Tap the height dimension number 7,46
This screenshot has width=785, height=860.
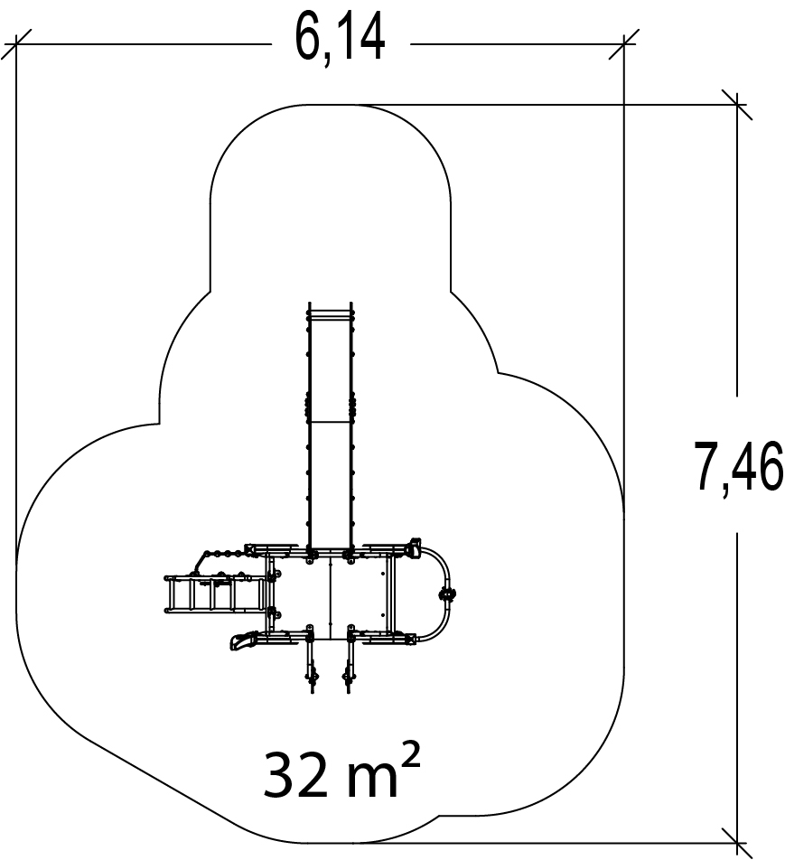739,467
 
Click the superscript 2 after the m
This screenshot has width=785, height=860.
411,755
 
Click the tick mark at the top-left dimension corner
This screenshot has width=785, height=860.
16,44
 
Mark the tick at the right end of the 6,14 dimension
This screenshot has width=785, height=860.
623,44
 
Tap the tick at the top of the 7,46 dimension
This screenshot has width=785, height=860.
737,104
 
